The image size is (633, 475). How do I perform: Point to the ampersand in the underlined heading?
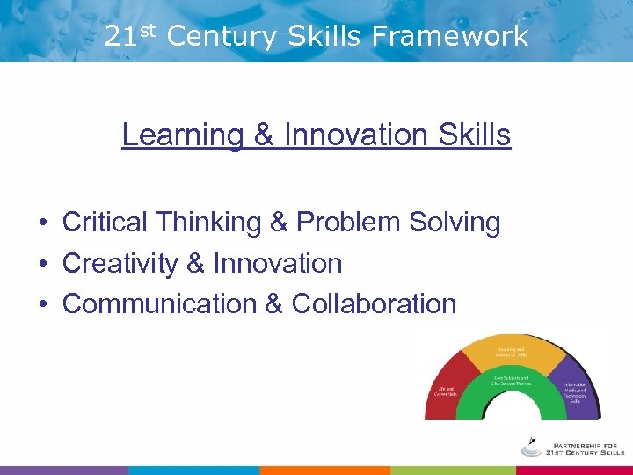(263, 135)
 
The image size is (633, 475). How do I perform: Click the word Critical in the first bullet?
(105, 223)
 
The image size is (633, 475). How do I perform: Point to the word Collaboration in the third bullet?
(374, 303)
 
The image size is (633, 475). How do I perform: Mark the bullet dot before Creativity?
(43, 264)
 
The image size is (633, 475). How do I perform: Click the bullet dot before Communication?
(43, 304)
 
